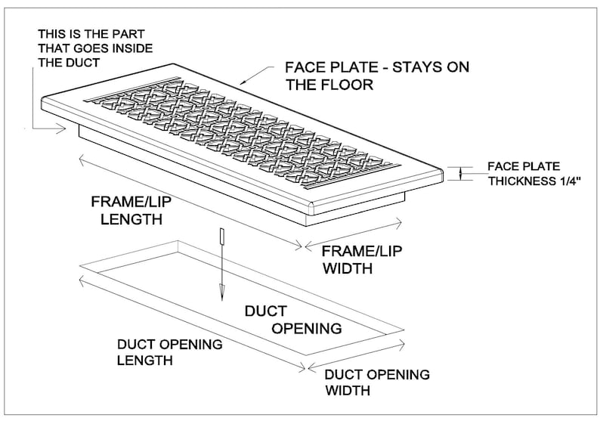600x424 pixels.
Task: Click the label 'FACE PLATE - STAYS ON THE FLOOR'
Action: (377, 76)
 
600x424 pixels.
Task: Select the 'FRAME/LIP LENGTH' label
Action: (131, 210)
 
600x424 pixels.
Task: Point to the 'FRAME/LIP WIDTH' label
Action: (362, 259)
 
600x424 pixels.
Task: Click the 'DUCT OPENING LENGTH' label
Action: (169, 352)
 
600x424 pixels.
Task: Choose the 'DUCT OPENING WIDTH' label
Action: (377, 382)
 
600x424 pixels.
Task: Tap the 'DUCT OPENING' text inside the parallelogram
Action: (293, 320)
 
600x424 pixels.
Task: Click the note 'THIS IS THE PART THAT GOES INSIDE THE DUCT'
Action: (95, 48)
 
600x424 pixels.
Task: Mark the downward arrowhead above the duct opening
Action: (221, 292)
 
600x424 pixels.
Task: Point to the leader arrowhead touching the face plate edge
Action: (244, 80)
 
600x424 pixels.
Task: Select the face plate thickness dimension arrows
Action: (461, 173)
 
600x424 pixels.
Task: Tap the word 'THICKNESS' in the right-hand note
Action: (520, 181)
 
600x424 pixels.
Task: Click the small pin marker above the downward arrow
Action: (221, 236)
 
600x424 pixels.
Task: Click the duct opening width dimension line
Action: (356, 357)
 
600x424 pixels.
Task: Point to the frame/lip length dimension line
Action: (190, 202)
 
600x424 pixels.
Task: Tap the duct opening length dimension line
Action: (192, 323)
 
